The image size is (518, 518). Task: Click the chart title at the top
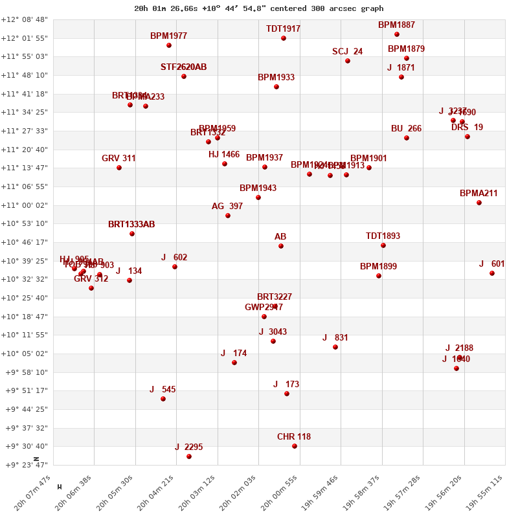[x=258, y=8]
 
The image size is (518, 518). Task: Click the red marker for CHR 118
[x=295, y=446]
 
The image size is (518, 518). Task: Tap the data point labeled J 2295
[x=189, y=456]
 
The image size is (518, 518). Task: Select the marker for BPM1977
[x=169, y=45]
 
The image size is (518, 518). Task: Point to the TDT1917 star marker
[x=284, y=38]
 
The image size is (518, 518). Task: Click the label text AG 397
[x=227, y=207]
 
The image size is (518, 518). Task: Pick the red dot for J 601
[x=492, y=273]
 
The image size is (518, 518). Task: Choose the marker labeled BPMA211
[x=479, y=203]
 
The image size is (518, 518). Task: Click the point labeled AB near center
[x=281, y=246]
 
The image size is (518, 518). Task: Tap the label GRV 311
[x=118, y=158]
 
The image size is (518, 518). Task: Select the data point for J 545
[x=163, y=399]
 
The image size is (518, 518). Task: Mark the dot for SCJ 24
[x=348, y=61]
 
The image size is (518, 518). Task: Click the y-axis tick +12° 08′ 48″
[x=25, y=19]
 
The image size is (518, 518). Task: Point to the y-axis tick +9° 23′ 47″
[x=25, y=465]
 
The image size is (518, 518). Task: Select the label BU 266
[x=406, y=129]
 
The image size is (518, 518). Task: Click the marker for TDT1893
[x=383, y=245]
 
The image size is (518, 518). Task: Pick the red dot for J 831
[x=335, y=347]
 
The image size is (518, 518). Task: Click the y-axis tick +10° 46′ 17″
[x=25, y=242]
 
